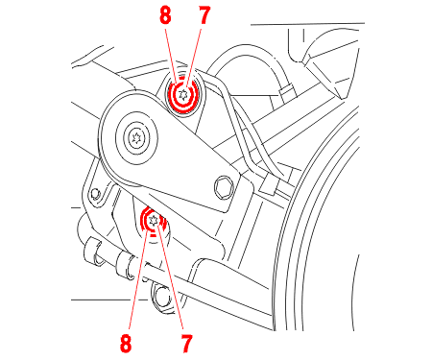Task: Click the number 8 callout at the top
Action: tap(165, 15)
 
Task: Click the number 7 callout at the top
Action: tap(204, 15)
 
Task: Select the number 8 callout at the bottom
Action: tap(126, 344)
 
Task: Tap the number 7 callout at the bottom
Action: tap(186, 344)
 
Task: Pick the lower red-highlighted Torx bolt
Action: tap(153, 221)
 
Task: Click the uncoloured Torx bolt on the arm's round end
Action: tap(136, 137)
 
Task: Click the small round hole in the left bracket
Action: tap(95, 193)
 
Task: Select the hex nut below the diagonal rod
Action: tap(163, 297)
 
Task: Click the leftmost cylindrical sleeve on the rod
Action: tap(93, 252)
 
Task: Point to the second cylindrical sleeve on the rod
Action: tap(126, 265)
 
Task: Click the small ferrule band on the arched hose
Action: tap(286, 90)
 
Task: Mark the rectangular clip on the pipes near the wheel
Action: tap(269, 186)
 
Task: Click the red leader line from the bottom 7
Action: tap(170, 276)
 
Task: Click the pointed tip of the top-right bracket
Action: tap(341, 98)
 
